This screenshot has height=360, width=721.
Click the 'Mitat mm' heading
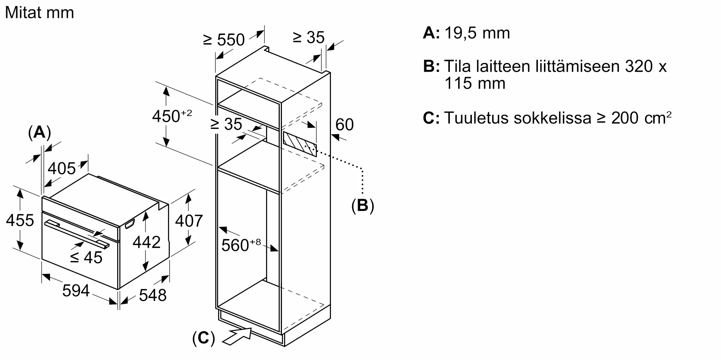point(39,13)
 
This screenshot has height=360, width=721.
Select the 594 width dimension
point(76,291)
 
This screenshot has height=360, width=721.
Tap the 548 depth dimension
point(152,295)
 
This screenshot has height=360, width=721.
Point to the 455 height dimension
point(20,220)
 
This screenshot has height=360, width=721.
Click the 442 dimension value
point(146,242)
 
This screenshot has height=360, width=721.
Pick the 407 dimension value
point(189,220)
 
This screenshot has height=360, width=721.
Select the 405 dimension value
point(62,168)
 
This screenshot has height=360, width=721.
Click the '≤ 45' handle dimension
point(87,257)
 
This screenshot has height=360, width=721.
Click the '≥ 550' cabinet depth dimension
point(224,40)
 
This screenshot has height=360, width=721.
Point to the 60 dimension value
point(344,125)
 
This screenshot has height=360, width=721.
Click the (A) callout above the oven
point(39,132)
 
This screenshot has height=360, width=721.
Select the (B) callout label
point(362,206)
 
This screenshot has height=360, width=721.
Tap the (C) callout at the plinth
point(204,338)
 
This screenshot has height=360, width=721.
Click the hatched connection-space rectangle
point(300,144)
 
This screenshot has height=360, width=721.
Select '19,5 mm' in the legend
point(477,33)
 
